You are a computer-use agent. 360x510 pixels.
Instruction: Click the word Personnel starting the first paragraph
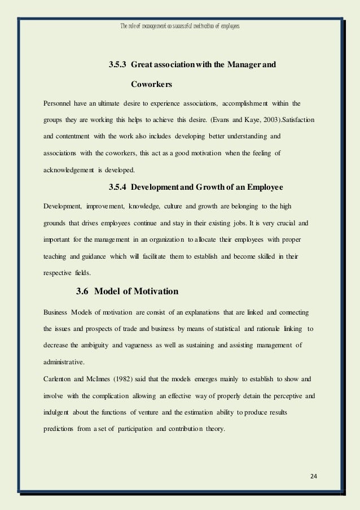pos(59,104)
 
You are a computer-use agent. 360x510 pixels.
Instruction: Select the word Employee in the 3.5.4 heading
pos(264,187)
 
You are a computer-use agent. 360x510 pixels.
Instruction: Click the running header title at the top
pos(180,27)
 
